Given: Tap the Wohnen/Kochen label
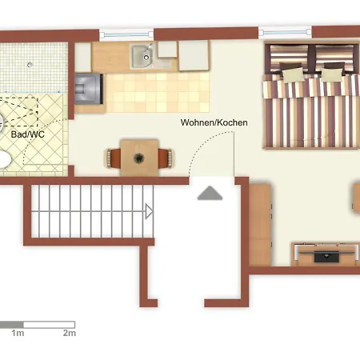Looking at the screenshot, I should click(x=213, y=123).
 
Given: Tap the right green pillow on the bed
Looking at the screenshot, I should click(x=331, y=74).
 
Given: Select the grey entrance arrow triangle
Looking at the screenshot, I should click(x=210, y=193).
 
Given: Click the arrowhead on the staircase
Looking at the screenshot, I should click(x=149, y=211).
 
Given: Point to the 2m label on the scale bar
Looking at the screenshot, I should click(x=69, y=332).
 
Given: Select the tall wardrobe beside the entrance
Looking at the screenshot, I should click(x=262, y=224).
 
